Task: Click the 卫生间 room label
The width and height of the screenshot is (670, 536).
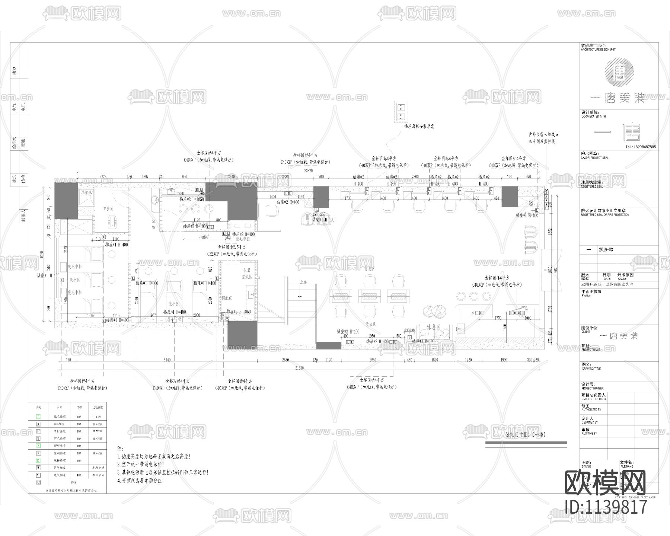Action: point(108,209)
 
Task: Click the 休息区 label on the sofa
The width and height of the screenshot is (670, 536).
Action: point(434,327)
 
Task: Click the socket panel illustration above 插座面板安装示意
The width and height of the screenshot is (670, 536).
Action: point(401,112)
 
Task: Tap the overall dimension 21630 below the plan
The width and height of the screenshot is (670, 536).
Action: point(300,368)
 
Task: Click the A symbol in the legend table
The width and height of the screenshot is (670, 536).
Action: point(38,424)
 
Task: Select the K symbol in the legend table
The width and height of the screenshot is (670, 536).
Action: point(38,453)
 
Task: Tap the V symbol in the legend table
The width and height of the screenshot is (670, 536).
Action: point(38,475)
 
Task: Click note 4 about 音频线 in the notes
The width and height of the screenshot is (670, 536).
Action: point(140,481)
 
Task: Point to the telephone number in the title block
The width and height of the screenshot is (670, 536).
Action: point(640,147)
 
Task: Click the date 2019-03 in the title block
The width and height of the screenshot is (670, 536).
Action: point(606,250)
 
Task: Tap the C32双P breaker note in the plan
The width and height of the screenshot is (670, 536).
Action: point(232,254)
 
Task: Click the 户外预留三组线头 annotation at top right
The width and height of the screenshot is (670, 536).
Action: point(543,134)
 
